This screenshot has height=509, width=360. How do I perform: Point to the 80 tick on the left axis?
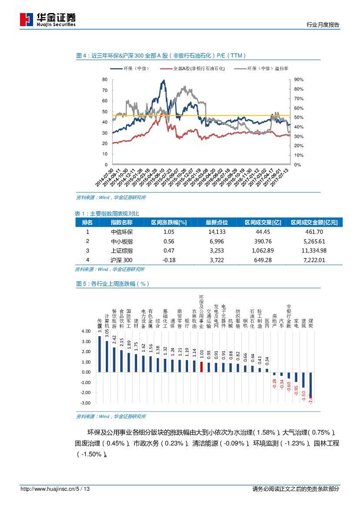(x=104, y=80)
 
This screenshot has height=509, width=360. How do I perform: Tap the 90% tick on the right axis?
(x=299, y=80)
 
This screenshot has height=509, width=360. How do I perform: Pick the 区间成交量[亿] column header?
(x=263, y=222)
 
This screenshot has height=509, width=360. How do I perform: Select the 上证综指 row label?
(x=122, y=251)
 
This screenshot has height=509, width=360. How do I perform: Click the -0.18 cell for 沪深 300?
(x=168, y=260)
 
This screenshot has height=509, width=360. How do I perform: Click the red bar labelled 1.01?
(x=202, y=367)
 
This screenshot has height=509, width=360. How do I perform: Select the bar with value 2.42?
(x=114, y=360)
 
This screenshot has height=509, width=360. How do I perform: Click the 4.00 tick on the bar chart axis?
(x=86, y=331)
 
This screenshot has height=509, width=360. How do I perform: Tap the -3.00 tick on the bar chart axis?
(x=86, y=403)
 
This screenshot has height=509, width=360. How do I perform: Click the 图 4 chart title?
(x=161, y=55)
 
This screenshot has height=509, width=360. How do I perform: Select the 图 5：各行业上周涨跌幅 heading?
(x=113, y=283)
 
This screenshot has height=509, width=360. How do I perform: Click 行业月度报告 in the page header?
(x=323, y=25)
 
